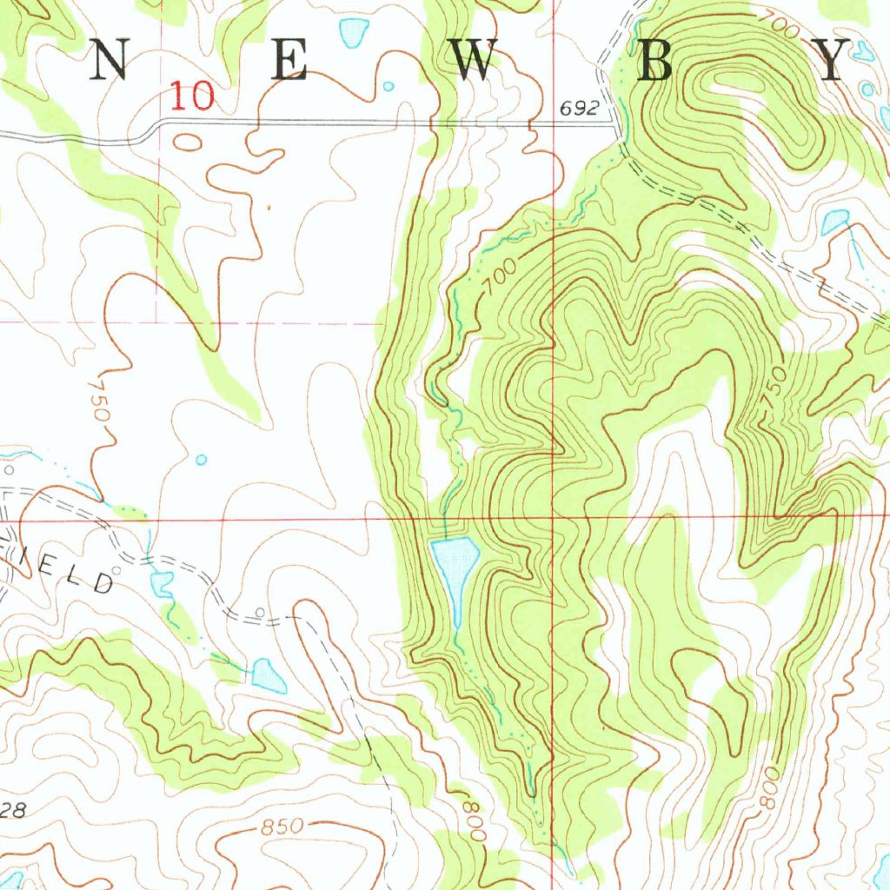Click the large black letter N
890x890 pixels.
point(110,62)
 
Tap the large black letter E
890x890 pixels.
point(289,62)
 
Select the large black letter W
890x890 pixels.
point(475,62)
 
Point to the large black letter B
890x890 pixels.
point(655,62)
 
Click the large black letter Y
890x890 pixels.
point(832,62)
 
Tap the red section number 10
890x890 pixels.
point(191,96)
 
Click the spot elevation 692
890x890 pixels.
point(579,109)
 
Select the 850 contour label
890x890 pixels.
point(282,827)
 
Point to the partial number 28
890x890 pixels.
point(13,810)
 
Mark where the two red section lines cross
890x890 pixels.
point(554,519)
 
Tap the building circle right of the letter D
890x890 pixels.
point(260,612)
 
